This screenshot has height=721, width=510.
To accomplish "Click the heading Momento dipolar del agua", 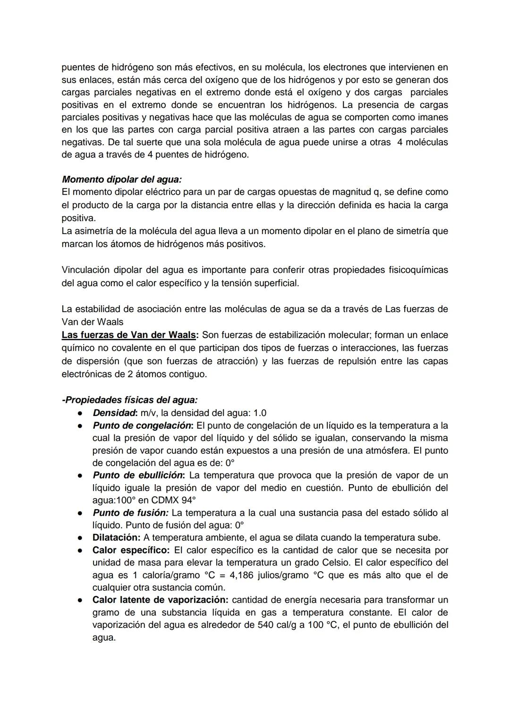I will [x=121, y=180].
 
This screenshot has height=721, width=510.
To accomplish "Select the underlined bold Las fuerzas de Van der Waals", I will [x=129, y=335].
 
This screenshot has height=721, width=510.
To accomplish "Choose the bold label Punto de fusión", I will [x=130, y=513].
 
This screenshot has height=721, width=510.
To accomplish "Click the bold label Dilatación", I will [x=116, y=538].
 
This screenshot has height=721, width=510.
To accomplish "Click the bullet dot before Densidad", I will [x=81, y=413].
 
